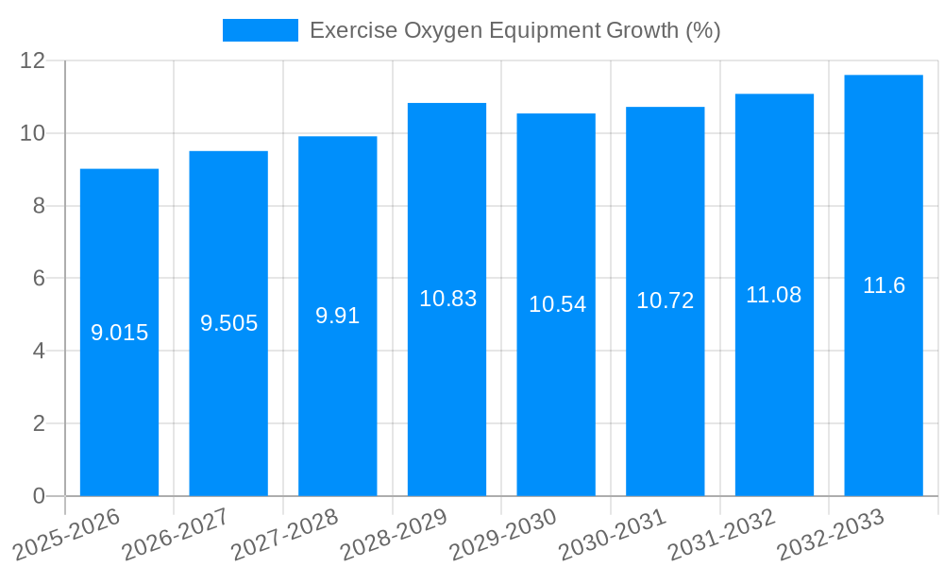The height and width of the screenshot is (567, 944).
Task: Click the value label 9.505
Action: (228, 323)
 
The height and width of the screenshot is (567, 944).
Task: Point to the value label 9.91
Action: (337, 316)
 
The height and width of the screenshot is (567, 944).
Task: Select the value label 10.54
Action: (556, 304)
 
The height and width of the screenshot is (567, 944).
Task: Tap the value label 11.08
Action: (774, 295)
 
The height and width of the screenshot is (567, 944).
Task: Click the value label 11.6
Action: (884, 285)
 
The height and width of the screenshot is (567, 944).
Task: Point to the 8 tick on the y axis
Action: (39, 206)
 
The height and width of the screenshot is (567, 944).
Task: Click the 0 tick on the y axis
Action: (39, 496)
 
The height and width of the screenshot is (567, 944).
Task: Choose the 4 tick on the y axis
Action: (39, 351)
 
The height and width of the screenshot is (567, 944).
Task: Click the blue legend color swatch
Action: (260, 30)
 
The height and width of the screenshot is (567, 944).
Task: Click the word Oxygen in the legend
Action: (443, 30)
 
